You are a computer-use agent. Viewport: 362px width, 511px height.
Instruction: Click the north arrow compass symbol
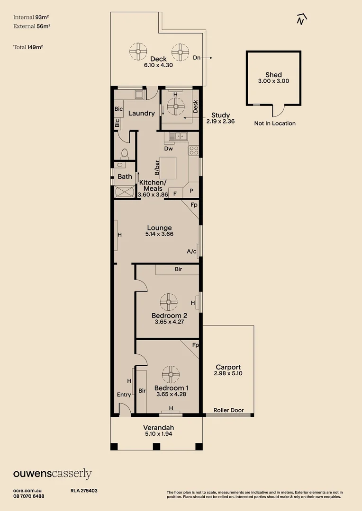click(x=300, y=18)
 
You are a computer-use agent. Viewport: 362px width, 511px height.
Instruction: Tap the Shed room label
click(x=273, y=75)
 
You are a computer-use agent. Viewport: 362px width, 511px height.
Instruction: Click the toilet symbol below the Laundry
click(x=125, y=153)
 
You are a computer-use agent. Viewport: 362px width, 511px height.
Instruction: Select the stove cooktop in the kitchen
click(x=193, y=150)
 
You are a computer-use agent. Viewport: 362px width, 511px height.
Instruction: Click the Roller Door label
click(x=228, y=410)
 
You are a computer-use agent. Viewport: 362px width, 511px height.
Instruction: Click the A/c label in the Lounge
click(x=191, y=252)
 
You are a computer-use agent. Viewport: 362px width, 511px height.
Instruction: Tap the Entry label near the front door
click(x=124, y=395)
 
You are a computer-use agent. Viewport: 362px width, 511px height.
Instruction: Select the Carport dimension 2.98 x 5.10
click(x=228, y=373)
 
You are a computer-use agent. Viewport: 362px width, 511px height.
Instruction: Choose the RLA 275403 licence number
click(x=84, y=491)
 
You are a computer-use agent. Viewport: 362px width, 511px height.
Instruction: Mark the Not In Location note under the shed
click(x=275, y=123)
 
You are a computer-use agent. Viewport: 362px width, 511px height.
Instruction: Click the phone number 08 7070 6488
click(x=29, y=496)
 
